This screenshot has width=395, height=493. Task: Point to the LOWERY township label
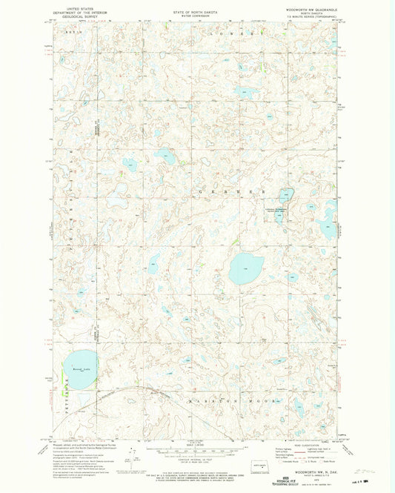coord(240,34)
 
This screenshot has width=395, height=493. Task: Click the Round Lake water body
coord(77,372)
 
